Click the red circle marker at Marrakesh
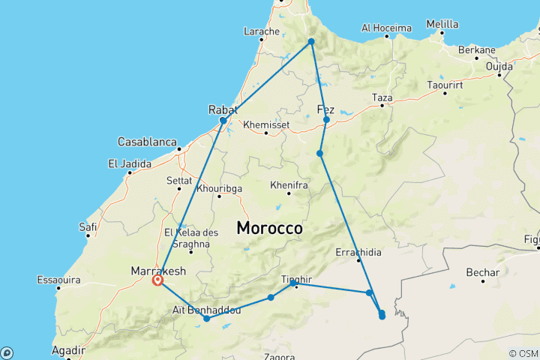coord(157,280)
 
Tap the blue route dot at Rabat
coord(223,120)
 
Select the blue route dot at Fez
coord(326,119)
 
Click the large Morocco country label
coord(269,227)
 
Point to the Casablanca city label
coord(147,142)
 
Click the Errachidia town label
coord(359,251)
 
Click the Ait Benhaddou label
coord(207,309)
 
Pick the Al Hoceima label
coord(386,28)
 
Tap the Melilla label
coord(442,24)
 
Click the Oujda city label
coord(499,66)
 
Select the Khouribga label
coord(219,187)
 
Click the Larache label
coord(262,31)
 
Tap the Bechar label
coord(482,271)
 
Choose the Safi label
coord(87,226)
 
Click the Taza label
coord(382,97)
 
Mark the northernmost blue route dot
coord(310,41)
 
